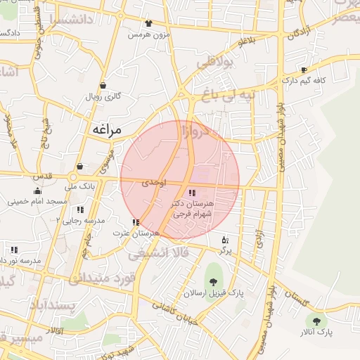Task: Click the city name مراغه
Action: [107, 129]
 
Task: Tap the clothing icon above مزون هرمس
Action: [148, 23]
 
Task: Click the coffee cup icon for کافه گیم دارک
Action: [304, 70]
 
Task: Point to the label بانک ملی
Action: [79, 187]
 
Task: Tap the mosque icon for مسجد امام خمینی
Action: [37, 191]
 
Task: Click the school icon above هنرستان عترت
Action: [136, 222]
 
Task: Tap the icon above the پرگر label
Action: [225, 239]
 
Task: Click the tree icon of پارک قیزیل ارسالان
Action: [212, 283]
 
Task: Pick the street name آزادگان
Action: [299, 31]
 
